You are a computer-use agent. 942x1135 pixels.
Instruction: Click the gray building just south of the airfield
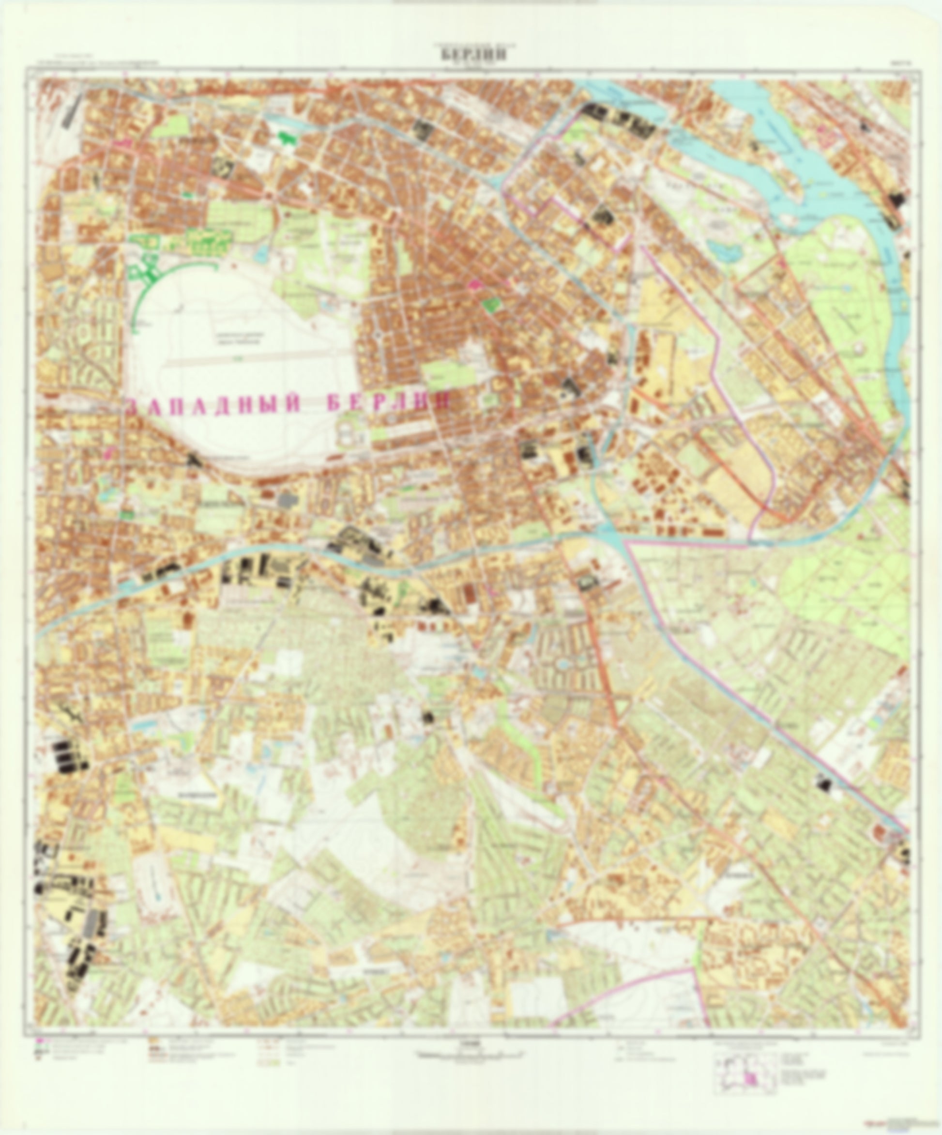click(x=287, y=500)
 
